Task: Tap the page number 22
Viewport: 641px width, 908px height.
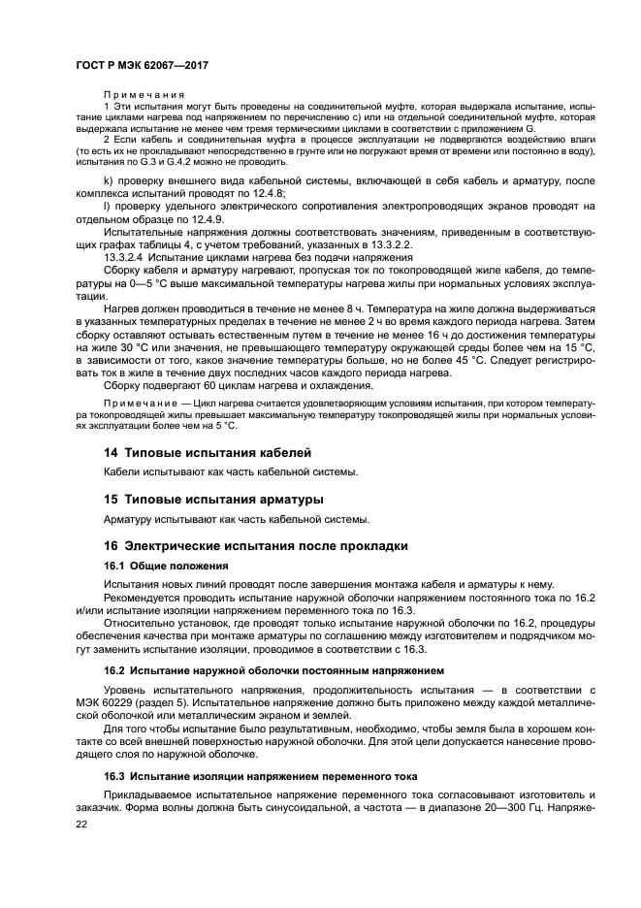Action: click(x=82, y=823)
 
